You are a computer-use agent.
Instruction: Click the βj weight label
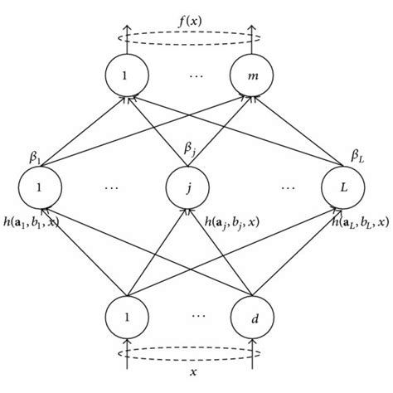(x=191, y=150)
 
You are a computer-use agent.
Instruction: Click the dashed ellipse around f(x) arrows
(x=187, y=36)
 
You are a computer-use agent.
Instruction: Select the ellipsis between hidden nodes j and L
(x=286, y=188)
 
